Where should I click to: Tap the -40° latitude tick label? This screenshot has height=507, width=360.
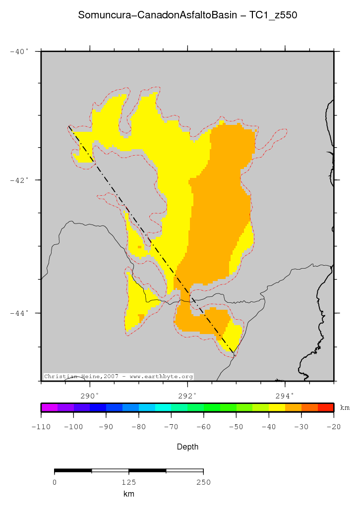pyautogui.click(x=20, y=51)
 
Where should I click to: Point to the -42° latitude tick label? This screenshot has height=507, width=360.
pyautogui.click(x=20, y=180)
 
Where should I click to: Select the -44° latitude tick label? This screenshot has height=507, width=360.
pyautogui.click(x=20, y=313)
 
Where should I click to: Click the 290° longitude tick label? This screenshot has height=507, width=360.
pyautogui.click(x=90, y=395)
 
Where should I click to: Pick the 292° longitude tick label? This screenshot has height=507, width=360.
pyautogui.click(x=187, y=395)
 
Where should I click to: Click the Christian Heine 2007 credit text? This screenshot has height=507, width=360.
pyautogui.click(x=119, y=377)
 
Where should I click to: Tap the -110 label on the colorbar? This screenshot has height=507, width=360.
pyautogui.click(x=41, y=426)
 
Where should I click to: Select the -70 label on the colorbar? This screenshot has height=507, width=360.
pyautogui.click(x=171, y=426)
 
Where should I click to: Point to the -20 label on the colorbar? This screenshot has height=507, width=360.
pyautogui.click(x=333, y=426)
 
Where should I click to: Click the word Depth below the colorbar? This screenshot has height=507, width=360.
pyautogui.click(x=187, y=447)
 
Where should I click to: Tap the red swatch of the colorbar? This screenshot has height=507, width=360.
pyautogui.click(x=325, y=408)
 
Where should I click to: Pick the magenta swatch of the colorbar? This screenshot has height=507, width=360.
pyautogui.click(x=49, y=408)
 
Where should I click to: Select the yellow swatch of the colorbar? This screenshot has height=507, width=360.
pyautogui.click(x=277, y=408)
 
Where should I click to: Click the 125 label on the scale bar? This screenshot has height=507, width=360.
pyautogui.click(x=129, y=482)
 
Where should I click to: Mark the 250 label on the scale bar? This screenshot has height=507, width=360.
pyautogui.click(x=203, y=482)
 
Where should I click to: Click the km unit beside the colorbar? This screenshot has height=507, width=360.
pyautogui.click(x=345, y=408)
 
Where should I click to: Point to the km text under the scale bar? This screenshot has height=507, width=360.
pyautogui.click(x=129, y=494)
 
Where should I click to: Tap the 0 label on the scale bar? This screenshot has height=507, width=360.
pyautogui.click(x=55, y=482)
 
